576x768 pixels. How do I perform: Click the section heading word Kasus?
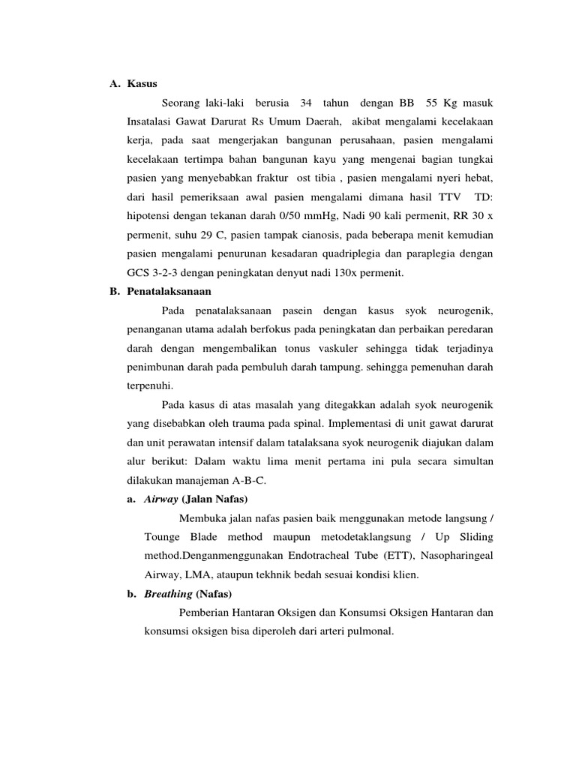click(x=142, y=83)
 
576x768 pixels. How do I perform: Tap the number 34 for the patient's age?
click(x=305, y=102)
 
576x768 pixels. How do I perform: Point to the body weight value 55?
click(x=431, y=102)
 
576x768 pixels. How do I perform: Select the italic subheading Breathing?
click(x=167, y=594)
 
